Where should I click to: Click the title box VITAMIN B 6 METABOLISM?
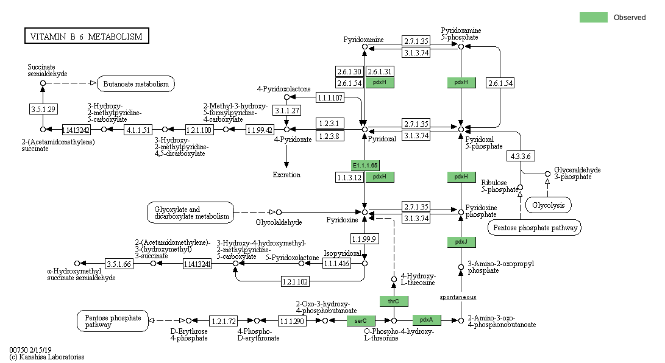[86, 37]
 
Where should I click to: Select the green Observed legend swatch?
[593, 18]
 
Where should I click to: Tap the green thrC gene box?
[394, 301]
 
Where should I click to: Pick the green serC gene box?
[361, 320]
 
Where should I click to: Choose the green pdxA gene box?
[426, 320]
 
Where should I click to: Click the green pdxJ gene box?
[461, 242]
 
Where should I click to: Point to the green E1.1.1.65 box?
[365, 166]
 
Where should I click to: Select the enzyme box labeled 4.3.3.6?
[520, 156]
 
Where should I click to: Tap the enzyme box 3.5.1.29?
[43, 109]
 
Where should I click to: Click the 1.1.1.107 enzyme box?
[330, 97]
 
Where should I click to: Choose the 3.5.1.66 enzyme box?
[119, 264]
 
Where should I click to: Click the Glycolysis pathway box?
[549, 205]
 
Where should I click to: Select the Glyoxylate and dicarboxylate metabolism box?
[190, 213]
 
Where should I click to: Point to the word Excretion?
[286, 175]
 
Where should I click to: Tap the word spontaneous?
[458, 297]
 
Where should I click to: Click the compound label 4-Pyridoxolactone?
[283, 89]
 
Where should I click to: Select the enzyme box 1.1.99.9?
[365, 238]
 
